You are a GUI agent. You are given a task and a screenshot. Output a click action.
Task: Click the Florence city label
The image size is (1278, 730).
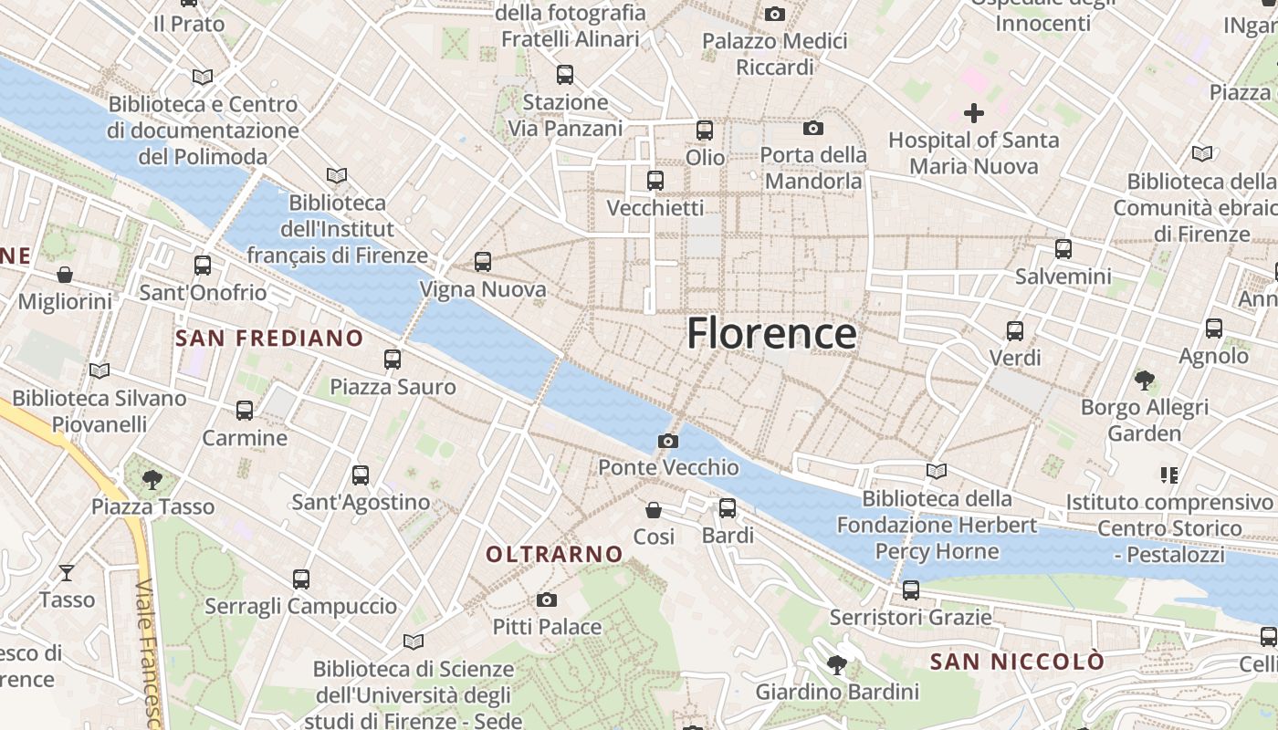771,334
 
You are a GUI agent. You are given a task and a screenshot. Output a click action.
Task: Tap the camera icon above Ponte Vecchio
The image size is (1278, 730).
668,442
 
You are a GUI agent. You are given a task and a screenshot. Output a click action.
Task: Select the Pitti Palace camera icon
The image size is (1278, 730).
547,600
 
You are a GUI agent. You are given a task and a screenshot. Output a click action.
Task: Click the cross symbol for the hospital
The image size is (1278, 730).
974,113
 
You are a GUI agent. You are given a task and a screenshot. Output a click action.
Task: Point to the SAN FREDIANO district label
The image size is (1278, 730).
269,339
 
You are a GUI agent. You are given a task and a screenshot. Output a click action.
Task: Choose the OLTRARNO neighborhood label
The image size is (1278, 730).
554,554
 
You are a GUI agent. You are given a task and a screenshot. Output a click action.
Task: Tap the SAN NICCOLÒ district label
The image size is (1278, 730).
1017,662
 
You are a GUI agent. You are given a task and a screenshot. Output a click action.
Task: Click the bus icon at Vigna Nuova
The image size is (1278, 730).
483,262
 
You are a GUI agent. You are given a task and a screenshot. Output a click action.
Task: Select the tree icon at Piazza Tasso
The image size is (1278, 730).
152,479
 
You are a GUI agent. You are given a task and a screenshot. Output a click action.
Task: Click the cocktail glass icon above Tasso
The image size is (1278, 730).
67,573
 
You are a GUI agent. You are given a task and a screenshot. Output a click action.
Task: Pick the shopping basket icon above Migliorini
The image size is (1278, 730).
65,275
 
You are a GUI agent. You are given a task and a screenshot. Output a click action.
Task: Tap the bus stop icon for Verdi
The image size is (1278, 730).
1015,331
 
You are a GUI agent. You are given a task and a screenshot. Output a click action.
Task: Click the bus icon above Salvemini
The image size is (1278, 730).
1063,249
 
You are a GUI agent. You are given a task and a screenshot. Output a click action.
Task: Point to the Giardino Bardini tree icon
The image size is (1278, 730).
836,665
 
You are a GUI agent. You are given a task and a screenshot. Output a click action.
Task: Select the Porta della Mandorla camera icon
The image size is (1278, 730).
813,129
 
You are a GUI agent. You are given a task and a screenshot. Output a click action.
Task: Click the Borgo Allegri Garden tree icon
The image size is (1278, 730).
1144,380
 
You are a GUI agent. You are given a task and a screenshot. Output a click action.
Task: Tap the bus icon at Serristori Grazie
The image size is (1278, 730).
910,590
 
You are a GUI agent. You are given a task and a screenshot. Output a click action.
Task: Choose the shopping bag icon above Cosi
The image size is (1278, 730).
654,509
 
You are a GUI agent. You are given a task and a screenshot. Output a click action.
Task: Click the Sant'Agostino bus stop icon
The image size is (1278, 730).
361,475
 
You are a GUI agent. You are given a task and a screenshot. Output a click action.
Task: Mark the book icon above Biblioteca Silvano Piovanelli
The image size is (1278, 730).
99,371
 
